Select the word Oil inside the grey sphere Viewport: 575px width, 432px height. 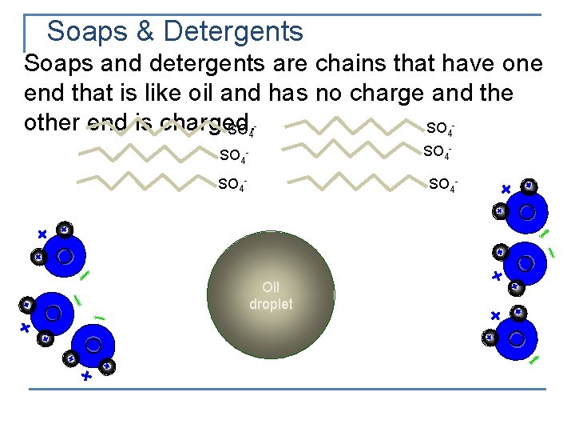271,287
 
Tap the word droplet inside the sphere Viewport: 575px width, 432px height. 271,305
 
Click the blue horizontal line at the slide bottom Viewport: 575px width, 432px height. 287,389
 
